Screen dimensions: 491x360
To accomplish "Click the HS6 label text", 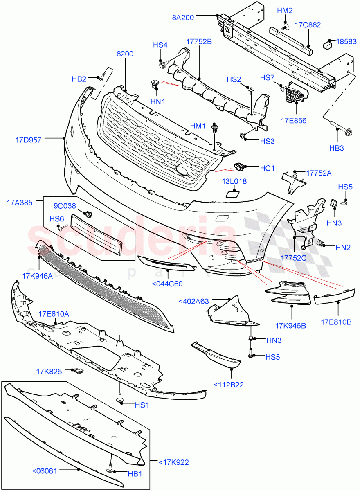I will click(57, 219).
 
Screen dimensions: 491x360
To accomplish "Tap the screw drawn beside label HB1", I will click(111, 470).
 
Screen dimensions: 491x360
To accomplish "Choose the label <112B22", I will click(229, 384).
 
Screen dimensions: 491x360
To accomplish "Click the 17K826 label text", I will click(49, 372).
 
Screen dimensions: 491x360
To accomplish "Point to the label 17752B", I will click(199, 41).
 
